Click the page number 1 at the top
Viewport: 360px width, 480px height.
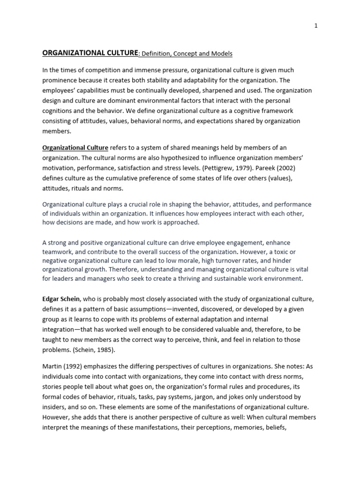pyautogui.click(x=316, y=26)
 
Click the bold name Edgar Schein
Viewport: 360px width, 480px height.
pyautogui.click(x=62, y=299)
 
